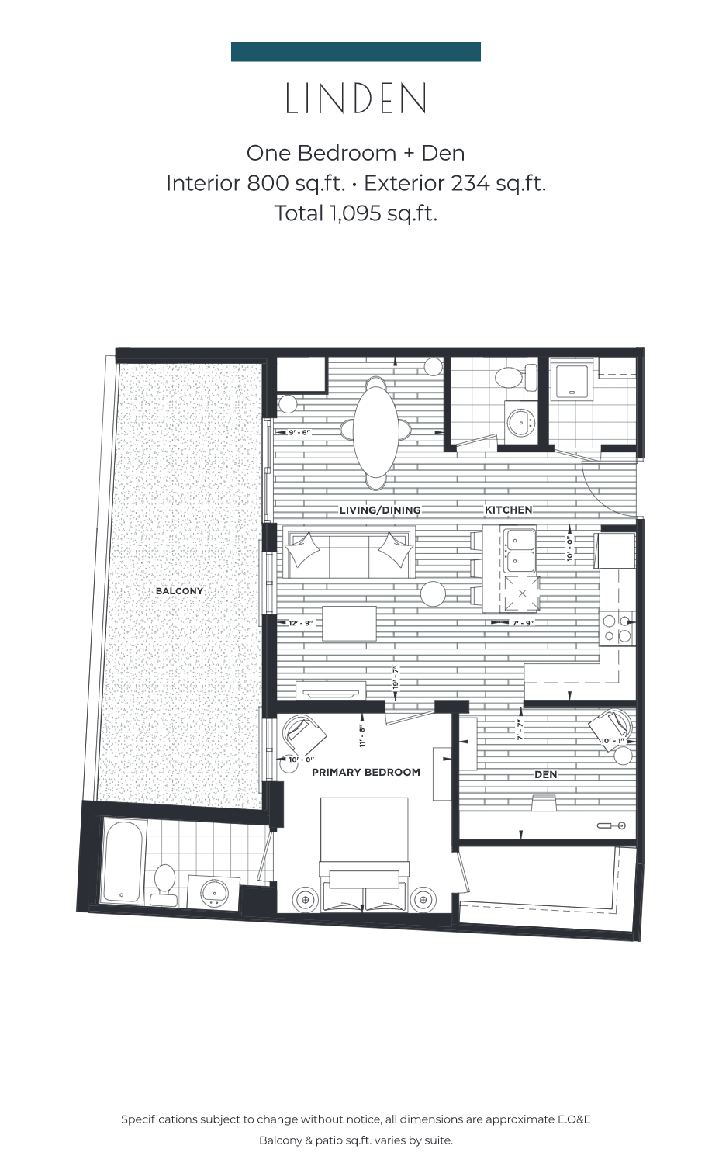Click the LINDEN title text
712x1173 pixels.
356,99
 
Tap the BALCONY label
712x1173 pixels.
179,591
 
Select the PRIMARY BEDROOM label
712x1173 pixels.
366,772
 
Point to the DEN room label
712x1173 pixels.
545,774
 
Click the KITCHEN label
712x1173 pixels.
509,510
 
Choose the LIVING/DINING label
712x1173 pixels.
380,510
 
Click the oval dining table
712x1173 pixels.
376,431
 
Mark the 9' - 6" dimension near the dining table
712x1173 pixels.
299,432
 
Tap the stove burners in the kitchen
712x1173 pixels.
617,628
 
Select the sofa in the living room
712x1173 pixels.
348,552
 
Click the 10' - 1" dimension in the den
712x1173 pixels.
614,741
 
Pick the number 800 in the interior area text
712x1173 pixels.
268,183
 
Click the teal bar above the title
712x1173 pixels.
356,52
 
